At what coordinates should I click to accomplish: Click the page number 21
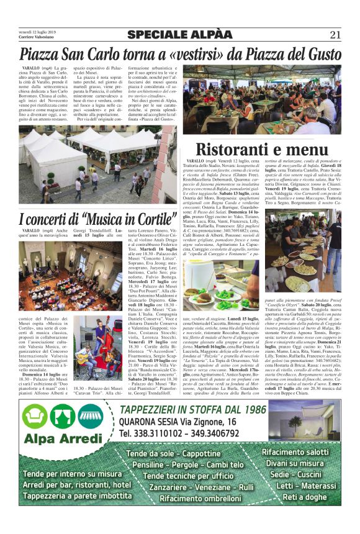(x=335, y=34)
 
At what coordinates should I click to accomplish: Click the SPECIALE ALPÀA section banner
(x=180, y=34)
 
